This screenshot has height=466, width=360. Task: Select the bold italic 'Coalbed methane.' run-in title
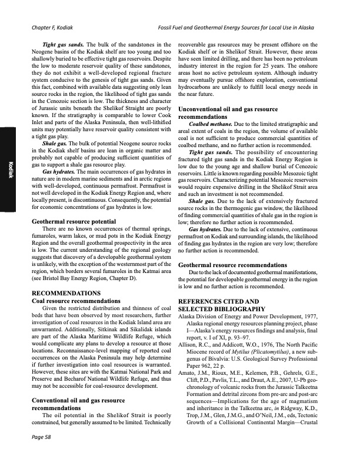(210, 123)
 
